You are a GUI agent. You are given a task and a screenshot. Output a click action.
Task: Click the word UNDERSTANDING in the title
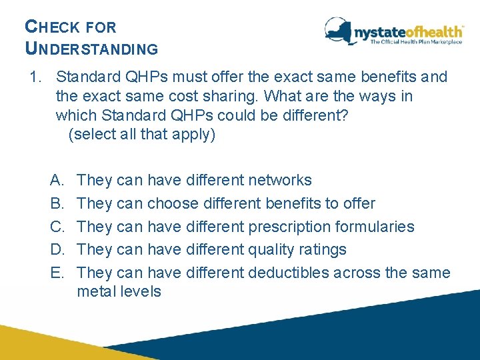(91, 49)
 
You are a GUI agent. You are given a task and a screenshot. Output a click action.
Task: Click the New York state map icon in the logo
(339, 30)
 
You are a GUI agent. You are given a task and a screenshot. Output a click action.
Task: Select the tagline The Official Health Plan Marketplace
(416, 42)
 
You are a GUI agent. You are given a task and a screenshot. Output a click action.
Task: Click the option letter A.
(56, 180)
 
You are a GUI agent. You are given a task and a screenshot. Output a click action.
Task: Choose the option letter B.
(56, 203)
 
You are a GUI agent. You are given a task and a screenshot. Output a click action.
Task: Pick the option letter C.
(56, 227)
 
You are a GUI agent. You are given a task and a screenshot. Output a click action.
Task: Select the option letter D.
(56, 250)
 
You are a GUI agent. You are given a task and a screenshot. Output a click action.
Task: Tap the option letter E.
(56, 273)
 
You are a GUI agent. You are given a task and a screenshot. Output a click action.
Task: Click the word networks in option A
(279, 180)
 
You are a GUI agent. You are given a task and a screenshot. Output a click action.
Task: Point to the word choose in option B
(173, 203)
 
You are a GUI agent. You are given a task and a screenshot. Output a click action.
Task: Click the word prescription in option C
(290, 227)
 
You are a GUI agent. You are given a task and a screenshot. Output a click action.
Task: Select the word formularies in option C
(375, 227)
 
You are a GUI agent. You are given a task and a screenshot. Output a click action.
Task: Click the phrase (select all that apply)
(142, 135)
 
